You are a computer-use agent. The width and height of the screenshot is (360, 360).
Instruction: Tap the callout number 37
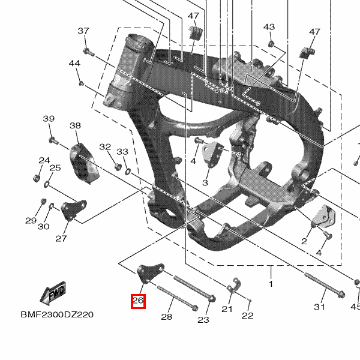(x=83, y=31)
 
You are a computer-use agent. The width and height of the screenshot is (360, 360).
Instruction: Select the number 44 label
(x=74, y=63)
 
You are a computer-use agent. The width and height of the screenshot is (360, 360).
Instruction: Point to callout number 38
(x=75, y=126)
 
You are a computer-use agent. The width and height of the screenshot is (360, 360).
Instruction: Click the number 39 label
(x=48, y=119)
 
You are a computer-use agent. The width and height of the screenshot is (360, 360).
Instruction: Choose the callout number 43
(x=269, y=27)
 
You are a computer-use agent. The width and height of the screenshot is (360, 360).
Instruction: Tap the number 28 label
(x=167, y=317)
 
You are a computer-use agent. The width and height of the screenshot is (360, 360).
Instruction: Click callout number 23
(x=203, y=320)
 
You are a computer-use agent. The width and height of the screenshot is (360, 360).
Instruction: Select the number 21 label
(x=227, y=309)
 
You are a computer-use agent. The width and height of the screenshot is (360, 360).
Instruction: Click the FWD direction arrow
(x=52, y=294)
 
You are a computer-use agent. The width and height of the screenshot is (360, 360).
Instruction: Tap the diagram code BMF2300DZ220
(x=57, y=314)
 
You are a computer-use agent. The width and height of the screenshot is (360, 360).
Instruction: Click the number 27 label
(x=61, y=239)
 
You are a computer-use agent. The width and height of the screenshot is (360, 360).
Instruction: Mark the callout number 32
(x=105, y=147)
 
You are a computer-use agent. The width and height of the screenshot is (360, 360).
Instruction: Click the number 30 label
(x=44, y=226)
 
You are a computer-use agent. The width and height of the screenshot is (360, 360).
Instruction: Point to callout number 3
(x=205, y=182)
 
